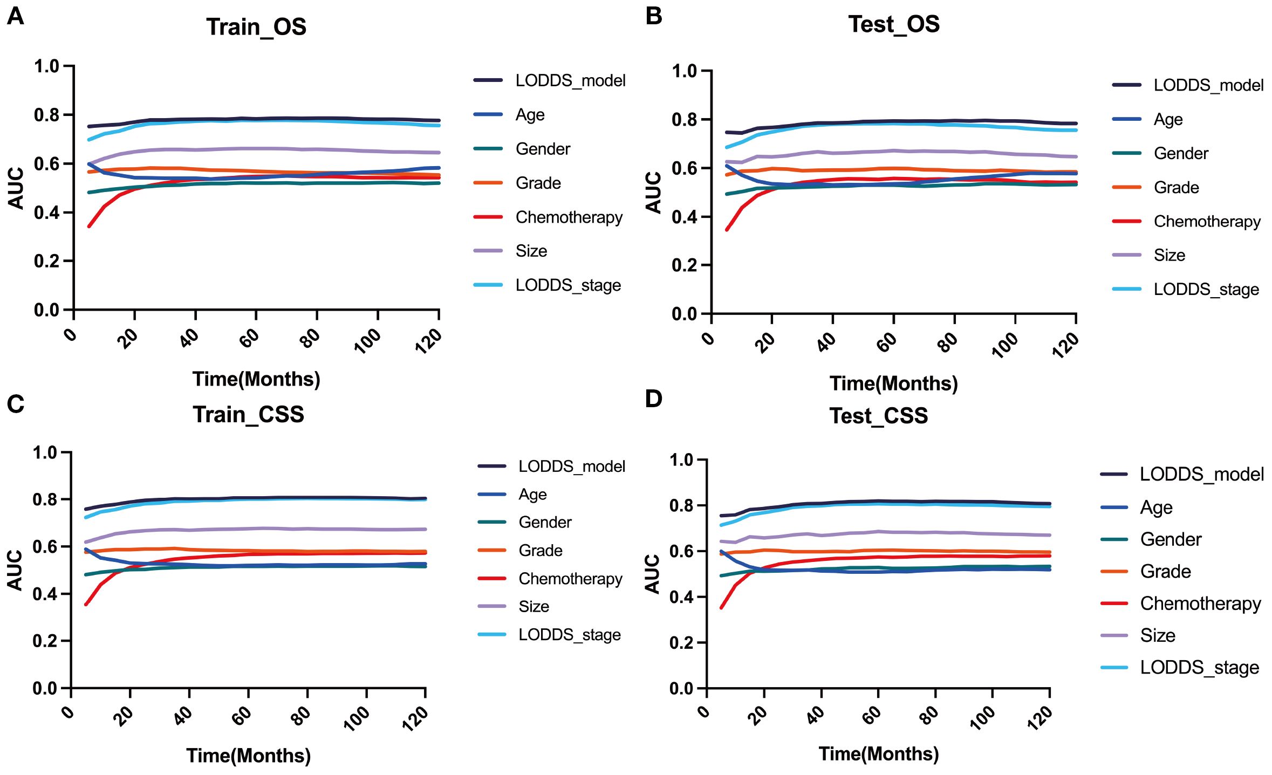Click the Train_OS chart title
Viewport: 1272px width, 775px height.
click(256, 27)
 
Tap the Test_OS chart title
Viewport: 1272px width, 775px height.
click(894, 24)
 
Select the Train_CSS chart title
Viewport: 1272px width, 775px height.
click(249, 415)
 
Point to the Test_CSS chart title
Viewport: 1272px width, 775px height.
click(879, 416)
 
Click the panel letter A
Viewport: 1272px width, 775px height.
click(16, 17)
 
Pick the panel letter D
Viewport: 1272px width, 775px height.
click(653, 399)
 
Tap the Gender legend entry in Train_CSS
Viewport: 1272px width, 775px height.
click(545, 522)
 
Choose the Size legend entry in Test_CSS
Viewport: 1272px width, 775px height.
click(1158, 635)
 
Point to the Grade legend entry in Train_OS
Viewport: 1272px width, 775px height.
click(538, 183)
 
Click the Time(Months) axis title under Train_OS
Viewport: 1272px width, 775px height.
click(256, 379)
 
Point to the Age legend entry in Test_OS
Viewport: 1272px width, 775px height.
click(1168, 120)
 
